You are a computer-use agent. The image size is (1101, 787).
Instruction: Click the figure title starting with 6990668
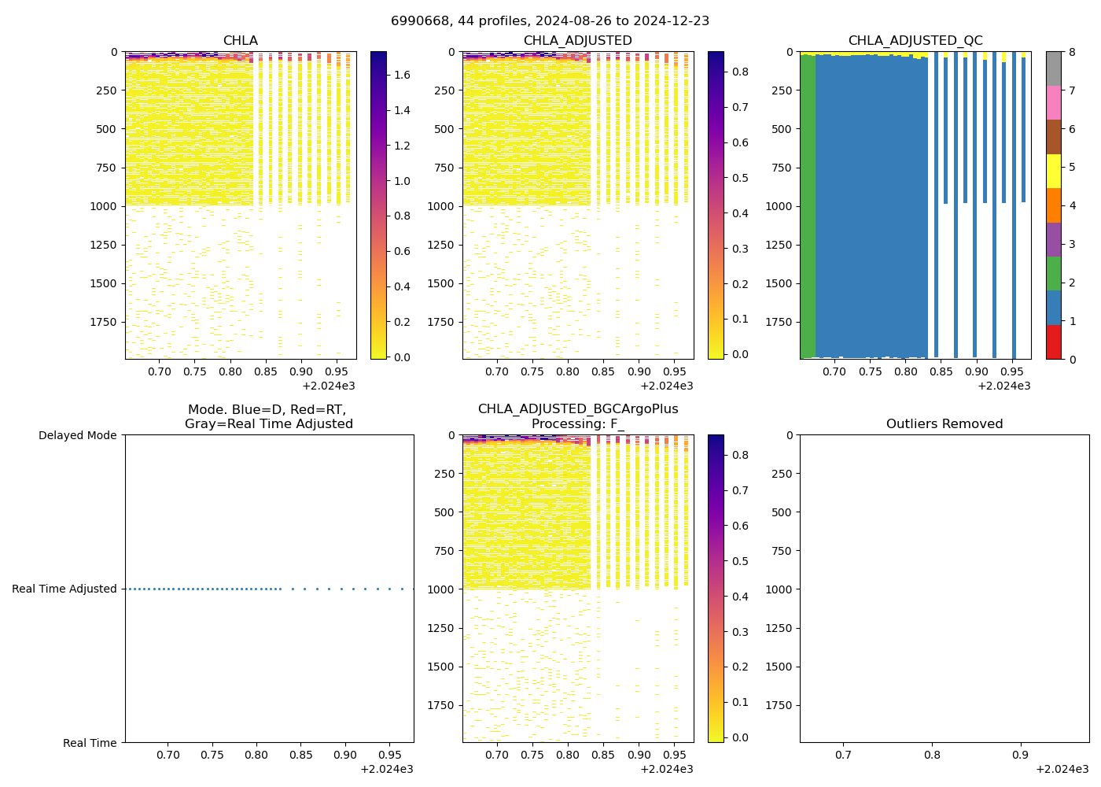(x=550, y=21)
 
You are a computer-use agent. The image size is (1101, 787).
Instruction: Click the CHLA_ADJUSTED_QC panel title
(x=915, y=41)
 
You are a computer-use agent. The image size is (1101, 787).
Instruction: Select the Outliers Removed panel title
(x=944, y=424)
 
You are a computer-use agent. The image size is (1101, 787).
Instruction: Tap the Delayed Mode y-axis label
(x=77, y=435)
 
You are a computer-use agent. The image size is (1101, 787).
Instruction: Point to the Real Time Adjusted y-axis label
(x=64, y=589)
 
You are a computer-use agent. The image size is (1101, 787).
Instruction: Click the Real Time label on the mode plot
(x=90, y=743)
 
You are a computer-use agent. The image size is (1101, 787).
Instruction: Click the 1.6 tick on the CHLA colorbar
(x=402, y=76)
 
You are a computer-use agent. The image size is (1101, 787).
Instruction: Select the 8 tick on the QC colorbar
(x=1071, y=52)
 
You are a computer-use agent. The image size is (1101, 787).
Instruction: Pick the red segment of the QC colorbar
(x=1053, y=342)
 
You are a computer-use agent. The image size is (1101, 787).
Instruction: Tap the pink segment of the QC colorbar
(x=1053, y=102)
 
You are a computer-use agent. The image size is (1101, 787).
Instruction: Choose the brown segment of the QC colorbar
(x=1053, y=137)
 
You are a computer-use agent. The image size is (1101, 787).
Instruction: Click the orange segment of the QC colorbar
(x=1053, y=205)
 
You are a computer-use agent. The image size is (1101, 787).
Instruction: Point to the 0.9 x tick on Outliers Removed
(x=1020, y=755)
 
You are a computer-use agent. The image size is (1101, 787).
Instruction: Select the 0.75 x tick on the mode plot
(x=212, y=755)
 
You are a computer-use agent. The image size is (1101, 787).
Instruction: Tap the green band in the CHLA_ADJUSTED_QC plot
(x=808, y=205)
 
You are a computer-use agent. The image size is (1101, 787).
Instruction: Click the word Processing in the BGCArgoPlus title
(x=563, y=424)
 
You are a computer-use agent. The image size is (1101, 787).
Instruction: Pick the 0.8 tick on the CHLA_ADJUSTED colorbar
(x=740, y=72)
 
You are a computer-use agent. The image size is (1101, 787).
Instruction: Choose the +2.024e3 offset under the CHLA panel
(x=329, y=386)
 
